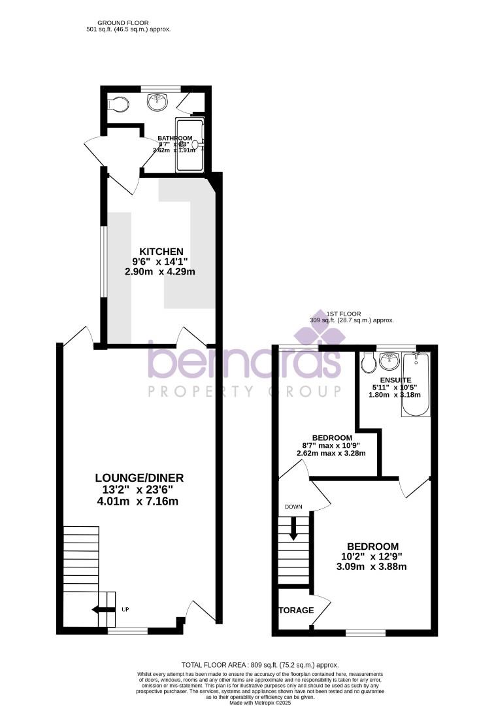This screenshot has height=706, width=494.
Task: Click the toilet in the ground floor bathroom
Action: tap(118, 104)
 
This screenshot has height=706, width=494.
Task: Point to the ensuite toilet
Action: tap(368, 360)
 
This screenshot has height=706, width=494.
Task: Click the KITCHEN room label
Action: tap(161, 252)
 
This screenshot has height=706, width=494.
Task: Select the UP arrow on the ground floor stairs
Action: tap(101, 610)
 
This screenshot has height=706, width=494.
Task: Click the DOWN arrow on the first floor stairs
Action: tap(293, 528)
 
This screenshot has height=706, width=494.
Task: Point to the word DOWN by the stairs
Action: tap(293, 507)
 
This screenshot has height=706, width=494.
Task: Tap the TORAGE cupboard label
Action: tap(297, 610)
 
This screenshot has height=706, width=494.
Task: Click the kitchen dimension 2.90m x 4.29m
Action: tap(160, 271)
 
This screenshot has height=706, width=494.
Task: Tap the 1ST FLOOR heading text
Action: tap(345, 314)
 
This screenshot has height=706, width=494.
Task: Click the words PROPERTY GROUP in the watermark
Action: tap(244, 392)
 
